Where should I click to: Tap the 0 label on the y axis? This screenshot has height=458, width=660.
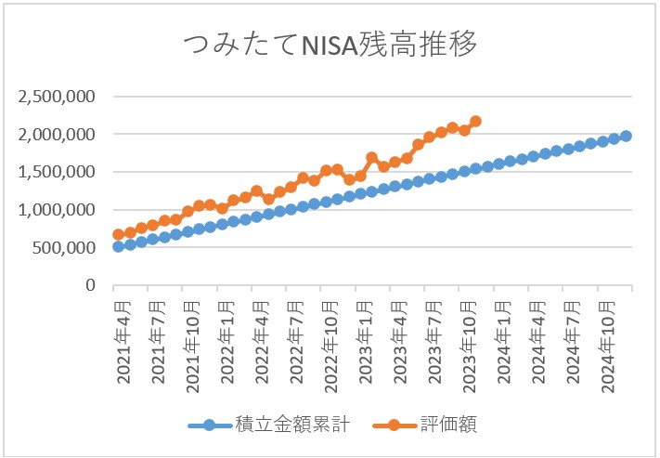(x=91, y=285)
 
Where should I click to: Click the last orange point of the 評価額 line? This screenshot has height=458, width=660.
(x=476, y=121)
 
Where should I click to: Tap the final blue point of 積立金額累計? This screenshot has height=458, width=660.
(x=626, y=136)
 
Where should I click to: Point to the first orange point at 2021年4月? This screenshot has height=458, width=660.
(x=118, y=235)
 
